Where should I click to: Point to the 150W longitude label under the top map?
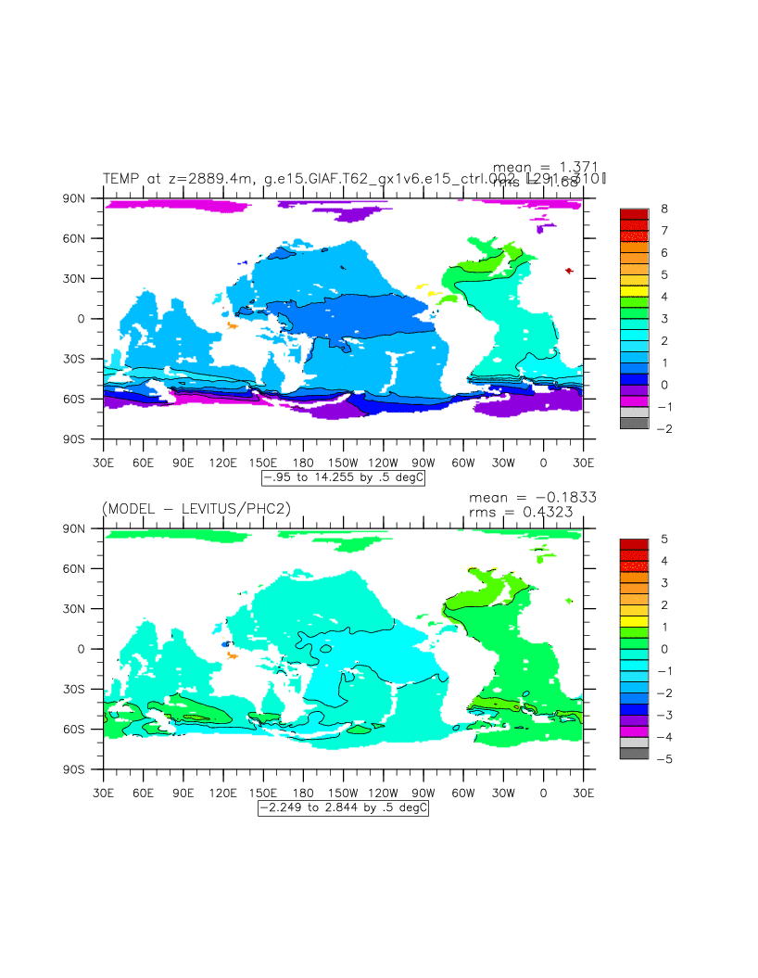pos(343,462)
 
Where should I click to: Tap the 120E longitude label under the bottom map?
pos(223,793)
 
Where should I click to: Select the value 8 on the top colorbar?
pos(663,209)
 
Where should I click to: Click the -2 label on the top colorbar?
pos(664,428)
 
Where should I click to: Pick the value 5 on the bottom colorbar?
pos(663,539)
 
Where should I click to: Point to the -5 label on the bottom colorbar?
pos(664,759)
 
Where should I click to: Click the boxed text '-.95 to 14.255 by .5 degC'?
pos(343,478)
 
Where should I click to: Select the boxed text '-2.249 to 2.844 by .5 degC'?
pos(343,808)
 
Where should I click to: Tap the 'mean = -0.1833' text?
pos(532,497)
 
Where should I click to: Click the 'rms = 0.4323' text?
pos(532,511)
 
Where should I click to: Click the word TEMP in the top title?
pos(120,179)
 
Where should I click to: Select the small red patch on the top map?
pos(568,271)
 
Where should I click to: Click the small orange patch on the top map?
pos(232,325)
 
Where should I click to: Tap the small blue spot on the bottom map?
pos(225,643)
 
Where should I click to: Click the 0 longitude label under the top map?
pos(543,462)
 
